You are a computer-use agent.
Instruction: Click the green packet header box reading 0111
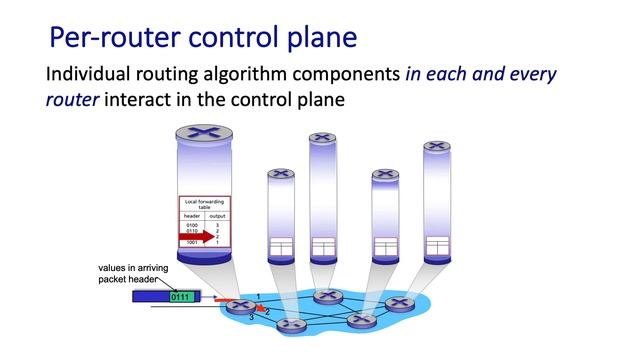point(181,296)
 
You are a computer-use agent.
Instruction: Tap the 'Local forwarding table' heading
point(204,204)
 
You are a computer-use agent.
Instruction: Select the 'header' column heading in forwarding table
point(192,215)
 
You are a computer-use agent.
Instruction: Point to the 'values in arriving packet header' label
point(133,273)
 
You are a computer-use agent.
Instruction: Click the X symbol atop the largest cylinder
point(205,132)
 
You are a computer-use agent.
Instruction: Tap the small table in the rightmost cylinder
point(436,245)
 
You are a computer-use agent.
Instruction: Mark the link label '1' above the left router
point(258,295)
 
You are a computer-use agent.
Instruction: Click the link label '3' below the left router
point(250,317)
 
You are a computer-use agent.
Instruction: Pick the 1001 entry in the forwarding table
point(192,242)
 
